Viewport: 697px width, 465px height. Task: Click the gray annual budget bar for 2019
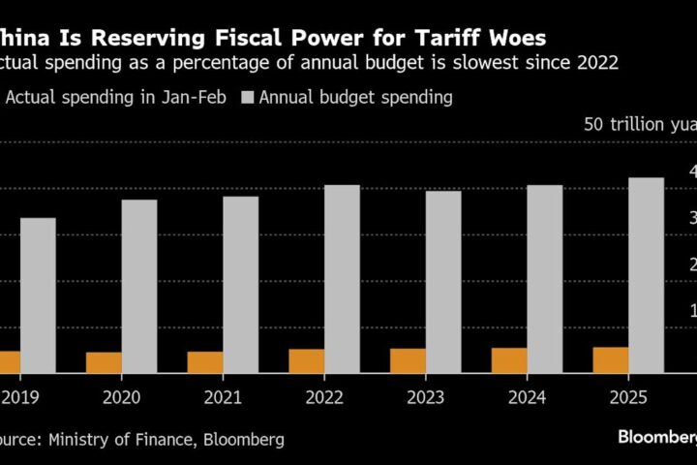[x=38, y=294]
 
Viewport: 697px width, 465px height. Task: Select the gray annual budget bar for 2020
[x=139, y=286]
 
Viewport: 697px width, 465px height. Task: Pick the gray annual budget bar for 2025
[x=646, y=274]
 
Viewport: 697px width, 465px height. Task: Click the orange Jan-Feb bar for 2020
[x=104, y=362]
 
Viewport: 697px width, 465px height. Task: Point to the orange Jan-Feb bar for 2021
[x=205, y=362]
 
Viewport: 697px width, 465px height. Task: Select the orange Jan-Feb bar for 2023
[x=408, y=360]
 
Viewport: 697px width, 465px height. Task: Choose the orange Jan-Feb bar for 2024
[x=509, y=360]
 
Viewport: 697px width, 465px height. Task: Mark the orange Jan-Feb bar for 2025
[x=610, y=359]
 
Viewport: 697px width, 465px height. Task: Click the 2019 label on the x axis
[x=18, y=396]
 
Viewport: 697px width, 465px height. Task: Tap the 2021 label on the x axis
[x=222, y=396]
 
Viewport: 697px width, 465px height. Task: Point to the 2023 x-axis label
[x=424, y=396]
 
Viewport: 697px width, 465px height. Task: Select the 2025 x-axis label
[x=626, y=396]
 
